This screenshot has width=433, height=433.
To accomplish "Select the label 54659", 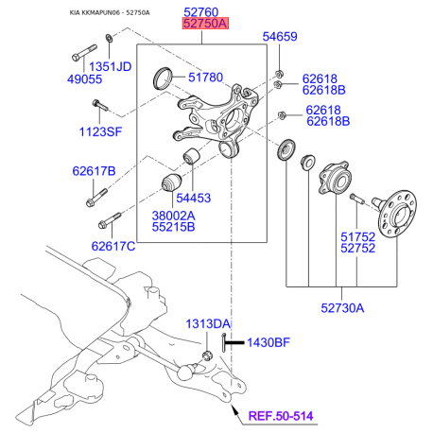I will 279,38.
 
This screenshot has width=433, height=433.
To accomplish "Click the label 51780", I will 205,78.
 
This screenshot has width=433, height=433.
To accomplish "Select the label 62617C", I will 113,246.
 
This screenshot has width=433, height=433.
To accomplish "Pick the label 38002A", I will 176,215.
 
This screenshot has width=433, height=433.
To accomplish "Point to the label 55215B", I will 176,228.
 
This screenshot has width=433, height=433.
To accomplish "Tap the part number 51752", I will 357,237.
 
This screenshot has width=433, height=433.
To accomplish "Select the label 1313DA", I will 208,324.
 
